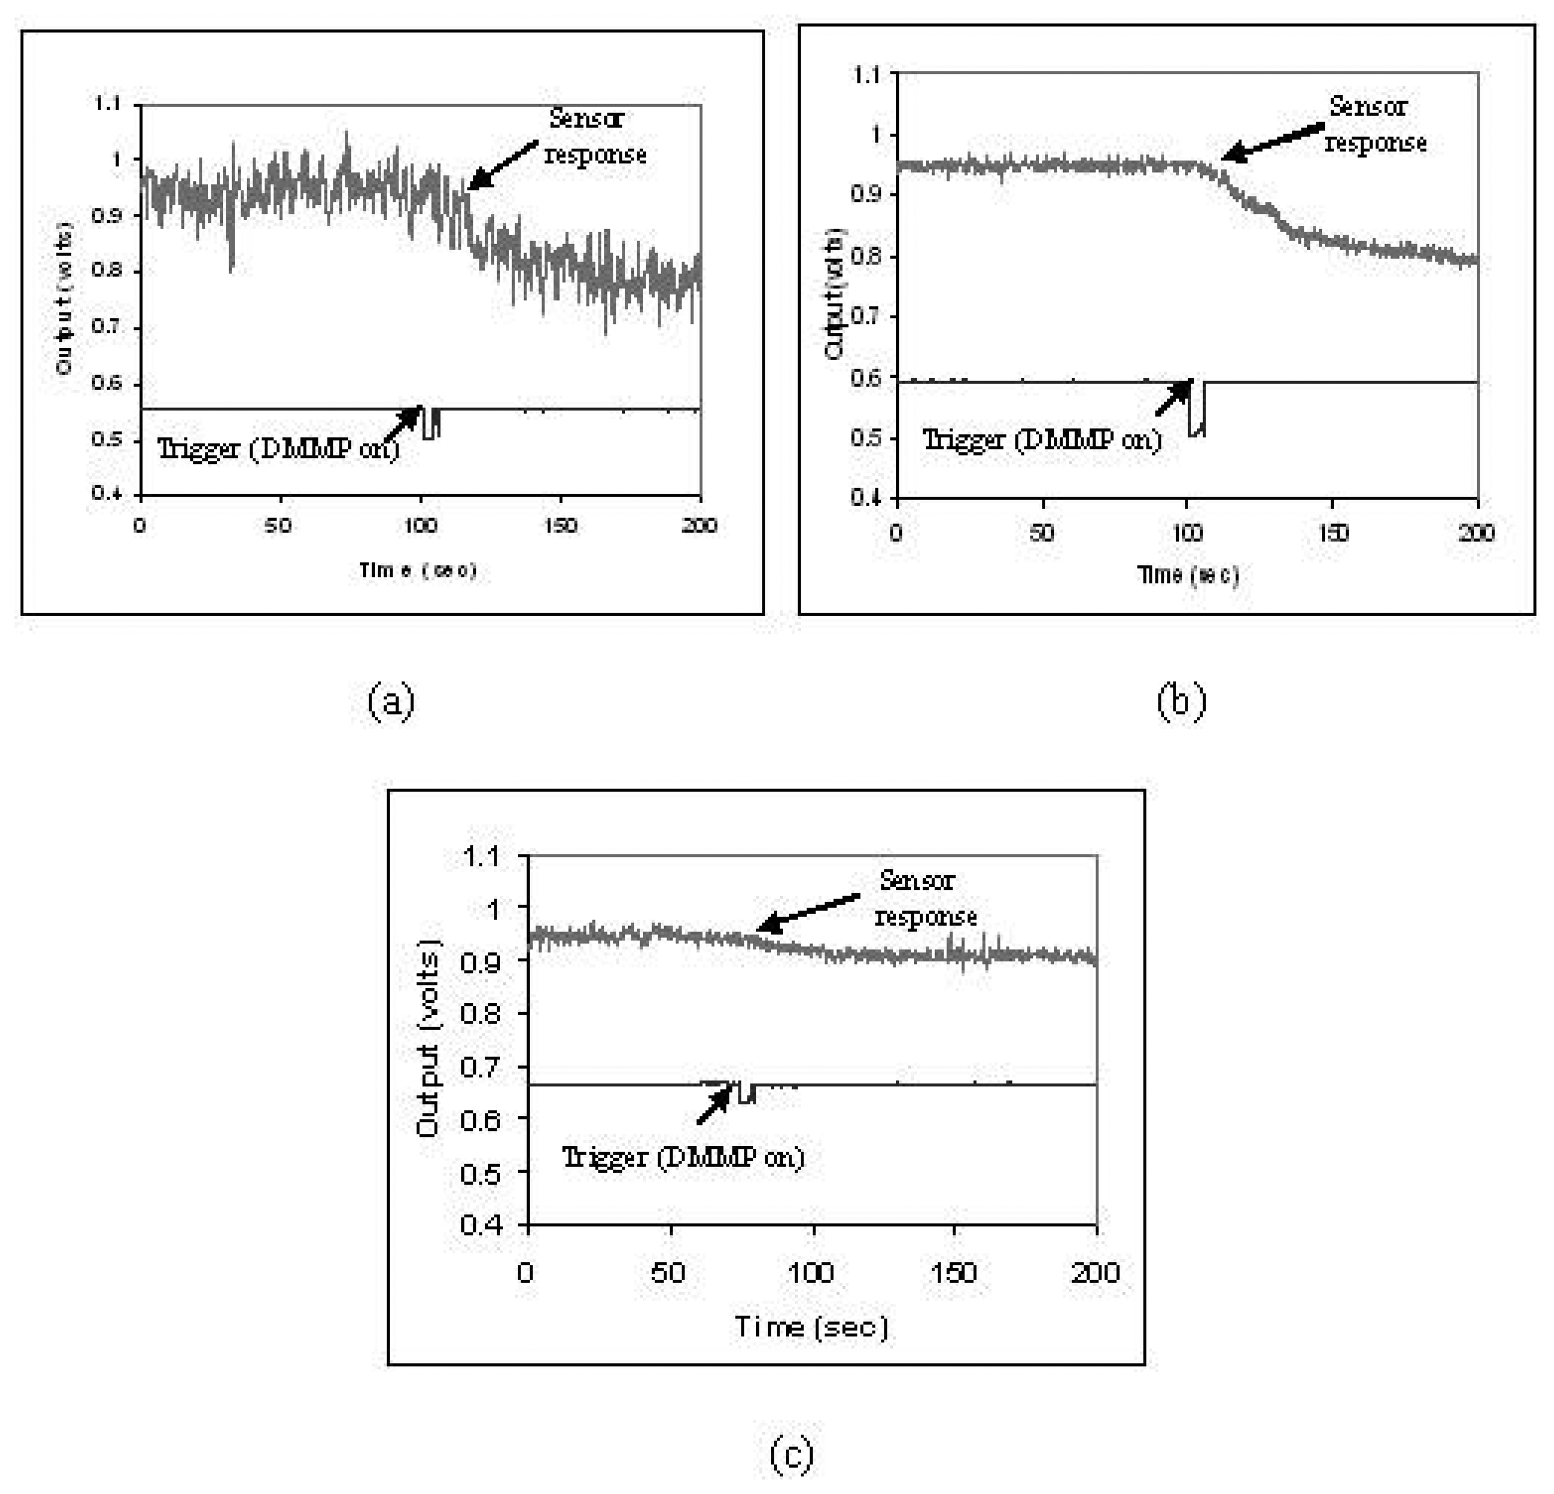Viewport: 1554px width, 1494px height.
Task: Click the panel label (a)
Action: click(x=391, y=702)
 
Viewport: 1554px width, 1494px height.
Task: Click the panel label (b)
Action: click(x=1181, y=701)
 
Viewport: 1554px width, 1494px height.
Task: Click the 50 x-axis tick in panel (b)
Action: click(x=1042, y=532)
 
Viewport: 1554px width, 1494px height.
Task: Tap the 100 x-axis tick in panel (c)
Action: click(x=811, y=1273)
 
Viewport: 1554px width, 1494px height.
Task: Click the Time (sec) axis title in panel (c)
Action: click(x=811, y=1327)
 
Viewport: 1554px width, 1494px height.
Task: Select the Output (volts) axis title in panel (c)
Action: click(x=428, y=1040)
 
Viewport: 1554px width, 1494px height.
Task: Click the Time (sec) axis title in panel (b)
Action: click(x=1187, y=575)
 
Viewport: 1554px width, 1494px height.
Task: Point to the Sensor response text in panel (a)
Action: click(x=594, y=137)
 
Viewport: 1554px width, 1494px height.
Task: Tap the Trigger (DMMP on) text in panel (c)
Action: click(x=682, y=1158)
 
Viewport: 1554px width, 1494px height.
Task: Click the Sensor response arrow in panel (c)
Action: click(x=808, y=912)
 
